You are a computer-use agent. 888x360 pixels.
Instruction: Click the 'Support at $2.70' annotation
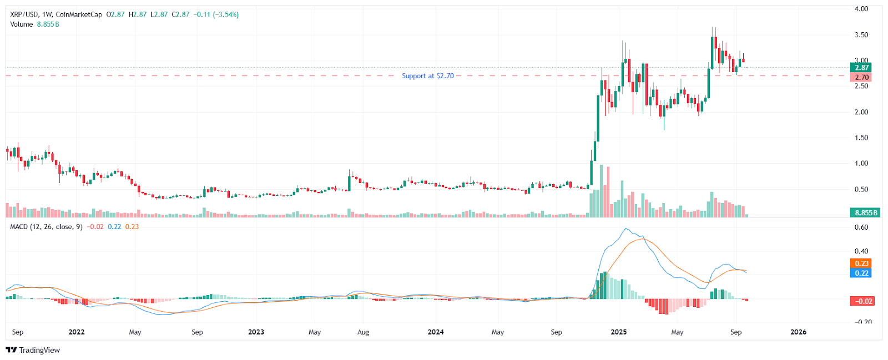(x=427, y=76)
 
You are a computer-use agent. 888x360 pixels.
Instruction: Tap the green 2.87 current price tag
(x=861, y=68)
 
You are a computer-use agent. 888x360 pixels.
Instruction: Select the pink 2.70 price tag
(x=861, y=78)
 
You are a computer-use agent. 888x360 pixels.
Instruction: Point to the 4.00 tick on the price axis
(x=861, y=9)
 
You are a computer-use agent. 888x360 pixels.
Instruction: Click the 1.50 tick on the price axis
(x=861, y=138)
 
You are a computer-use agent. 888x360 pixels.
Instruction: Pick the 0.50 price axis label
(x=861, y=189)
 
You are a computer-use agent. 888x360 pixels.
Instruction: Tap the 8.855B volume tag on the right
(x=865, y=212)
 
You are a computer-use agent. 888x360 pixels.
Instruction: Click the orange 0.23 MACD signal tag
(x=861, y=263)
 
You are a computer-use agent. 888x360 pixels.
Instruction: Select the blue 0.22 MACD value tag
(x=861, y=273)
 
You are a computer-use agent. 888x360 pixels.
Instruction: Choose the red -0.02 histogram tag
(x=864, y=301)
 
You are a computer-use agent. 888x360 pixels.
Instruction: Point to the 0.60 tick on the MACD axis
(x=861, y=227)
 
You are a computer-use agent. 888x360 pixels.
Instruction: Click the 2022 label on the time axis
(x=76, y=332)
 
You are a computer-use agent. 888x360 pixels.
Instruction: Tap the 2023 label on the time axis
(x=256, y=332)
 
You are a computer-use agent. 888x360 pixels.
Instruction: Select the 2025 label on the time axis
(x=618, y=332)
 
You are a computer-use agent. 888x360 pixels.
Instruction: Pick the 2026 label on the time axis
(x=798, y=332)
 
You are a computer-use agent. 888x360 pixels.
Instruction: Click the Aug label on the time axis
(x=363, y=332)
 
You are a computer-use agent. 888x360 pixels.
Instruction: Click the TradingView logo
(x=33, y=350)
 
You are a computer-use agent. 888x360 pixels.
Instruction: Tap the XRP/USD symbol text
(x=24, y=14)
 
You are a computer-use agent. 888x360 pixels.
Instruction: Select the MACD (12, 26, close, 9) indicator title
(x=46, y=227)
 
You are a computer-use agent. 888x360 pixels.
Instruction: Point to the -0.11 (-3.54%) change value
(x=216, y=14)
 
